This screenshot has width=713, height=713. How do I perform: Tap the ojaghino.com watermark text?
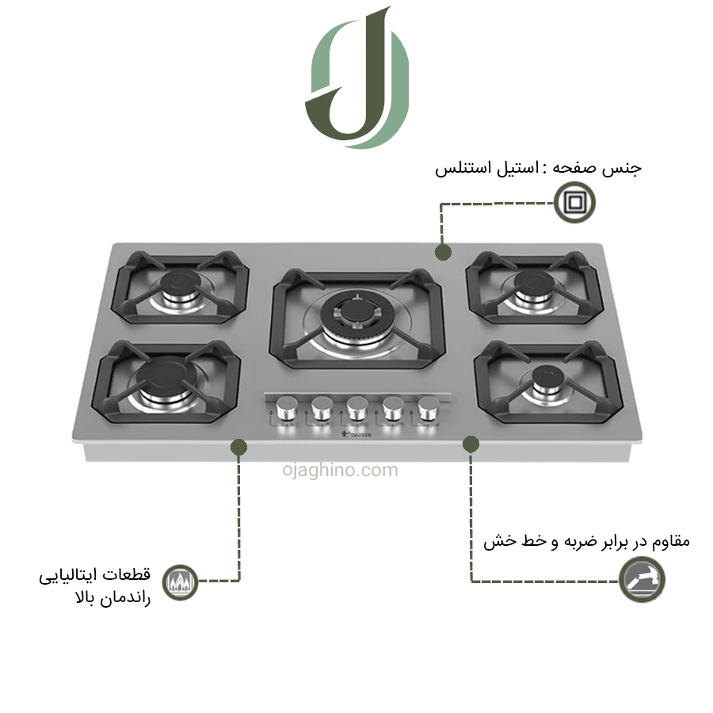pyautogui.click(x=340, y=470)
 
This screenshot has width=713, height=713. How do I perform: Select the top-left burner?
pyautogui.click(x=181, y=287)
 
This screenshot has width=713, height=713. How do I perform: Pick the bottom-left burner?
pyautogui.click(x=166, y=381)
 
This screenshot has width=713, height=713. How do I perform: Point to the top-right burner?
pyautogui.click(x=533, y=287)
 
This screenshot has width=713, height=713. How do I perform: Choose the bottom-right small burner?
pyautogui.click(x=548, y=382)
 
